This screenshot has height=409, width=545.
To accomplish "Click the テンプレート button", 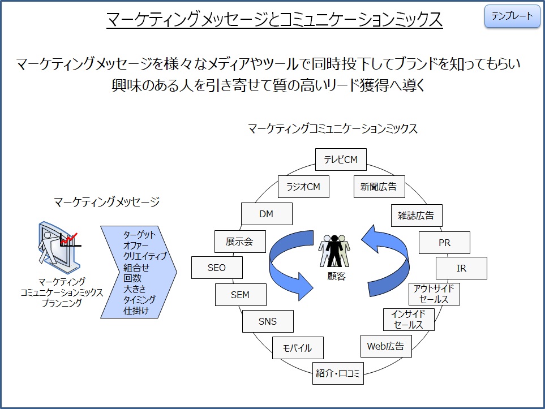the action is pos(512,16).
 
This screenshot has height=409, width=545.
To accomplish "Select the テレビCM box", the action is pos(341,160).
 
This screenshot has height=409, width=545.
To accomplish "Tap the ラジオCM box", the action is pos(303,187).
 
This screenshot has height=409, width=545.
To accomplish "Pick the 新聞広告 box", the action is pos(379,187).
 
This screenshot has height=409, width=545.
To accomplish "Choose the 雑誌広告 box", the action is pos(417,216).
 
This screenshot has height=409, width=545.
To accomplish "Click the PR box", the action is pos(444,243).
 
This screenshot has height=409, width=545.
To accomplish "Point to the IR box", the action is pos(461,268).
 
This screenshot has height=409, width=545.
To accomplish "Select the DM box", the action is pos(267,214).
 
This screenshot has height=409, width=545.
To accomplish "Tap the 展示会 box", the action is pos(240,242).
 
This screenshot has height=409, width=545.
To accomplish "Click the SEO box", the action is pos(217,268).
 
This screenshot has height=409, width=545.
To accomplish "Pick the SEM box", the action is pos(241,295).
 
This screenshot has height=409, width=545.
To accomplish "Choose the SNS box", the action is pos(268,321).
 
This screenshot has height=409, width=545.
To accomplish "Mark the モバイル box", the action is pos(298,348).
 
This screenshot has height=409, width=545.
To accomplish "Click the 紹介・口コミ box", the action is pos(338,373).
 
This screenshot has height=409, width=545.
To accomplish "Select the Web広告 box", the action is pos(386,346).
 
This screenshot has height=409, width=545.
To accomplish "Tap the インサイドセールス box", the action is pos(409,320).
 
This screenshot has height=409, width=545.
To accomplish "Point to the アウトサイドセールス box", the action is pos(434,294).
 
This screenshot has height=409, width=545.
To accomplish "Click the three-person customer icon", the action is pos(334,251).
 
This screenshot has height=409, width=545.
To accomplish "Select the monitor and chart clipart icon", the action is pos(59,247).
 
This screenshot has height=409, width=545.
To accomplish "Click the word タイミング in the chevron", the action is pos(139,300).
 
